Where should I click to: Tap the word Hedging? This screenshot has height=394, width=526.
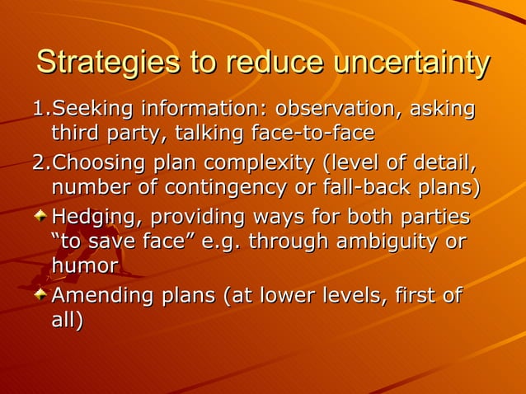90,218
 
